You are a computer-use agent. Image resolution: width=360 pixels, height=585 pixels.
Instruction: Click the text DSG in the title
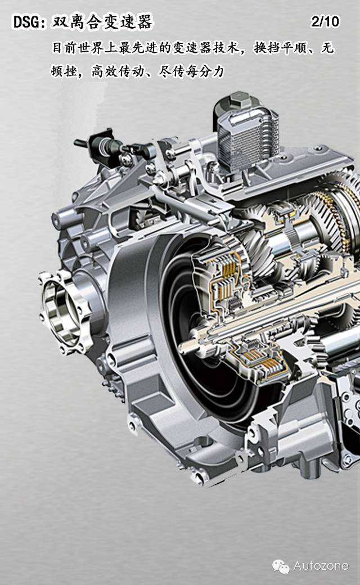tap(26, 22)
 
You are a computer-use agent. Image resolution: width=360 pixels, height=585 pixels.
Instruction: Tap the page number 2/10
tap(325, 21)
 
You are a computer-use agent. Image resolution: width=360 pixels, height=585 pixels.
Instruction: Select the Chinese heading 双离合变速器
tap(101, 22)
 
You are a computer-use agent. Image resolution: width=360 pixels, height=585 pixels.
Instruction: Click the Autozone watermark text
tap(321, 566)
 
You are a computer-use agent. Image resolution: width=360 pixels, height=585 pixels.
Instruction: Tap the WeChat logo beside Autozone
tap(281, 566)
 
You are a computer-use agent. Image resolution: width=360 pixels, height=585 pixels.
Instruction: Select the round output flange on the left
tap(64, 312)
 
